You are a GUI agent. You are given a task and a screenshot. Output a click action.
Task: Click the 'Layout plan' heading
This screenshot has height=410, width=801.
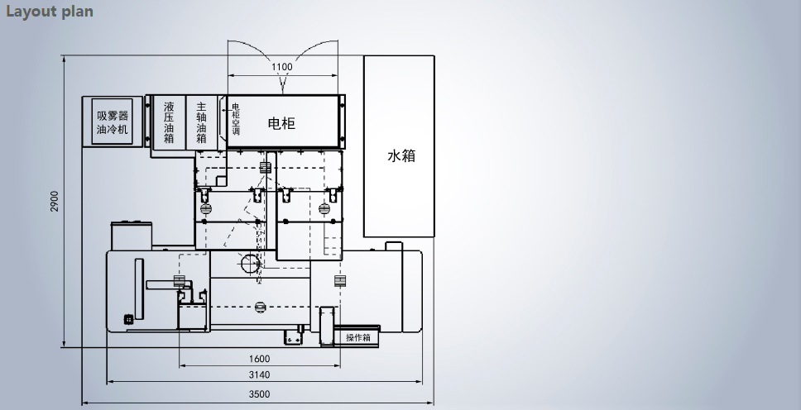click(49, 12)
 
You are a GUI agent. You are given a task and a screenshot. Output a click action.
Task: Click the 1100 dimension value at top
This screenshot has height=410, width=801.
click(282, 67)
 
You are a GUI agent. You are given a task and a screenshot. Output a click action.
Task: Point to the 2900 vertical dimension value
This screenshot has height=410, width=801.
click(55, 201)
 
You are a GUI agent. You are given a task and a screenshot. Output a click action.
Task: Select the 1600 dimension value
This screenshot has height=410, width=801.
click(259, 359)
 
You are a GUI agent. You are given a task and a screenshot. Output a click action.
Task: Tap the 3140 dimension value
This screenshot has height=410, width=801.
click(259, 374)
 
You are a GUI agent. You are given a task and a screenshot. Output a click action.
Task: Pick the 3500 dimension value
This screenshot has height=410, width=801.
click(259, 394)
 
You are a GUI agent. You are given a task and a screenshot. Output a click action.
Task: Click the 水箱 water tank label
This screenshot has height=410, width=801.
click(401, 155)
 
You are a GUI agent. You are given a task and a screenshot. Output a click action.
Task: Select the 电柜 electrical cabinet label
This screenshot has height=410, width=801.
click(281, 123)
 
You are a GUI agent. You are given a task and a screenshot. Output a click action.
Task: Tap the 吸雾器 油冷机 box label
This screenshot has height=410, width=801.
click(113, 122)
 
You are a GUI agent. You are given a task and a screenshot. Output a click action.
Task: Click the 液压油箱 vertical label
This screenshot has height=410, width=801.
click(169, 122)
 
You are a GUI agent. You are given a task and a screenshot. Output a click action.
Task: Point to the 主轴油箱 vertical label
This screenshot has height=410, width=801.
click(201, 122)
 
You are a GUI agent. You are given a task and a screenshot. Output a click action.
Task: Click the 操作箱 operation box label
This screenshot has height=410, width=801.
click(358, 337)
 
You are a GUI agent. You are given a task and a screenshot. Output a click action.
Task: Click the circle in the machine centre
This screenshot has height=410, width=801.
click(250, 264)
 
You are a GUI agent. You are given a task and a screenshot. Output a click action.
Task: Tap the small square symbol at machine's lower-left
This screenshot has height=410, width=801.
click(128, 319)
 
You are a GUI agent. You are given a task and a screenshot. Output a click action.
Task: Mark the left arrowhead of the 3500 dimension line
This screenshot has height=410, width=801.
click(84, 403)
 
